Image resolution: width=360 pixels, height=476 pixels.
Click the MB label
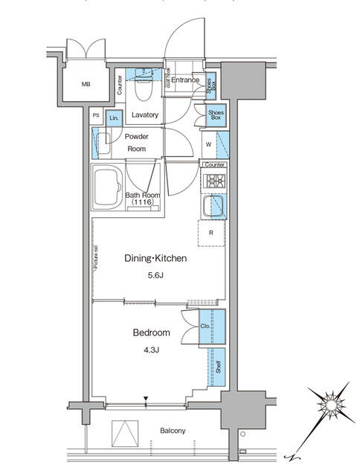[87, 84]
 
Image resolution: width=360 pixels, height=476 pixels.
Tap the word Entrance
[186, 80]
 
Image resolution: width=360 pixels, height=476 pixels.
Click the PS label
[96, 115]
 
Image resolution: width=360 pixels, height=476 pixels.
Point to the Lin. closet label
[114, 118]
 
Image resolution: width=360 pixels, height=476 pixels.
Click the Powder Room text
[136, 143]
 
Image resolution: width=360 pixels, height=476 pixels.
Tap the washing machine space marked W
[208, 144]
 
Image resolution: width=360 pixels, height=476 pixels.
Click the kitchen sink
[215, 205]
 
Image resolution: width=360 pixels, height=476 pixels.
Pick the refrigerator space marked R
[211, 233]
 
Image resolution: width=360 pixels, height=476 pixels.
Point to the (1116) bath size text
[144, 202]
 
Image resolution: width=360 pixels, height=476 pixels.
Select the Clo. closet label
[205, 326]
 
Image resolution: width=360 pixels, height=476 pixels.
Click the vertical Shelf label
[218, 367]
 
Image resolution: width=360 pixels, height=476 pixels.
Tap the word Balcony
[172, 431]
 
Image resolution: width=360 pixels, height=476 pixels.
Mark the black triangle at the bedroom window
[147, 400]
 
